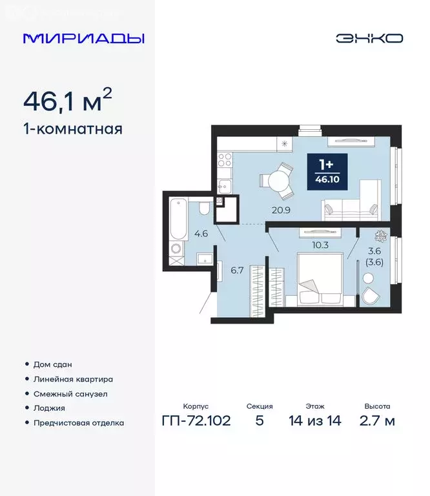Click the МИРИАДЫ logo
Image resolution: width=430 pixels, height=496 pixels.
click(83, 38)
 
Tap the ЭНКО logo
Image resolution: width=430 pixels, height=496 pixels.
click(369, 38)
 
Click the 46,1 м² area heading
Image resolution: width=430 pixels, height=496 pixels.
click(68, 101)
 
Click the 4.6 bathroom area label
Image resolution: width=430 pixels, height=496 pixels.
click(201, 234)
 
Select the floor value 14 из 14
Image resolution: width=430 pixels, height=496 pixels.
click(316, 421)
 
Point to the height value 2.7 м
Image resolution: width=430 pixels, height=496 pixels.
click(376, 421)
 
